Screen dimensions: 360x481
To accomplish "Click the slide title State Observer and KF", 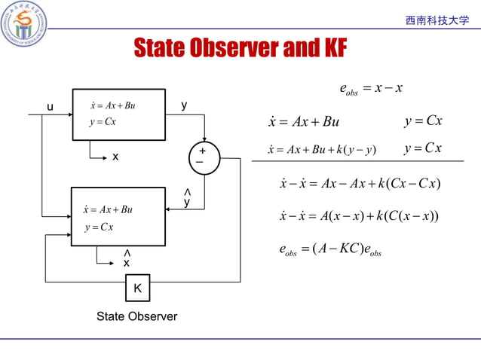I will point(240,48).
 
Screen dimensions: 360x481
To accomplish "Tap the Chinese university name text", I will point(437,20).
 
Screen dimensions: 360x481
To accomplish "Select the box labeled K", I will point(137,288).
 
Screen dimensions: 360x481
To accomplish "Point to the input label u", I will point(50,107).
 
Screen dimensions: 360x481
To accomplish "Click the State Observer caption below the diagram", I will point(136,316).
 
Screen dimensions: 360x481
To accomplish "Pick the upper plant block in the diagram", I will point(118,114).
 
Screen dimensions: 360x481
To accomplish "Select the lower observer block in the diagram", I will point(118,216).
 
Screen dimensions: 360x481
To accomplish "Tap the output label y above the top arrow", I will point(184,106).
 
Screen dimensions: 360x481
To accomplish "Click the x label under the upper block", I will point(115,157).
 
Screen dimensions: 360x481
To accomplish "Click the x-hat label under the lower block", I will point(127,261).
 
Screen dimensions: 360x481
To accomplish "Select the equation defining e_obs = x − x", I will point(371,90).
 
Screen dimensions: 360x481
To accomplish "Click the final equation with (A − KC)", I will point(330,250).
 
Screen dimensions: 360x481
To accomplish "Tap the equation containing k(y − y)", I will point(322,149).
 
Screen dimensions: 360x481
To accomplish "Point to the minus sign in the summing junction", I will point(200,163).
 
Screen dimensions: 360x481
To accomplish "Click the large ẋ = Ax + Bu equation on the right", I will point(304,122).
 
